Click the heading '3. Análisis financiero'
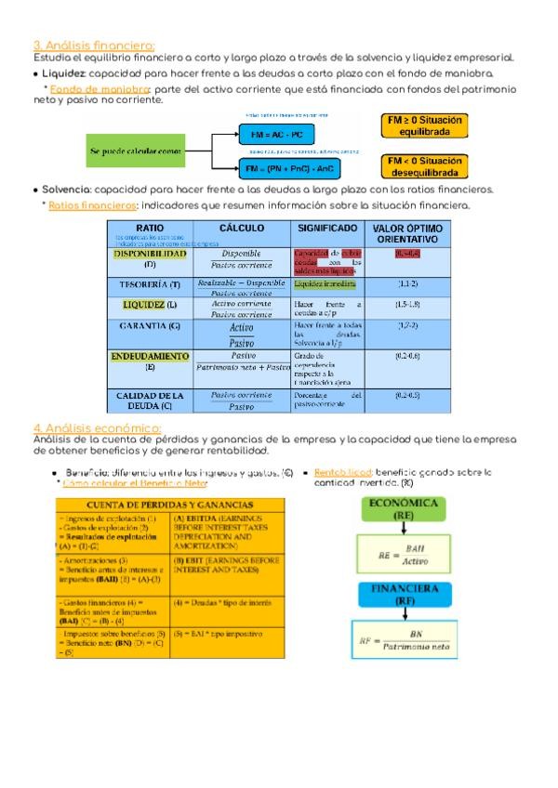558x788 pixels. [93, 46]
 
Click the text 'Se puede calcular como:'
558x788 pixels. [136, 151]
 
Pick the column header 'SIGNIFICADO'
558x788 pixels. [327, 229]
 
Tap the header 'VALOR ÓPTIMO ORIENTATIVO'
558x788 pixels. [406, 233]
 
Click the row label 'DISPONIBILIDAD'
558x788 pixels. [151, 253]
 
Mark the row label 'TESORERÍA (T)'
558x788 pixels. [151, 283]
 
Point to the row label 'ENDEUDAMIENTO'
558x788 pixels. [151, 356]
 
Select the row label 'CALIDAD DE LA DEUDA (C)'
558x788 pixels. [151, 401]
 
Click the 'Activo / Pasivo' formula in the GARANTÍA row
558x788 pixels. [242, 334]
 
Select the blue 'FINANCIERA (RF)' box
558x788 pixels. [405, 594]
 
